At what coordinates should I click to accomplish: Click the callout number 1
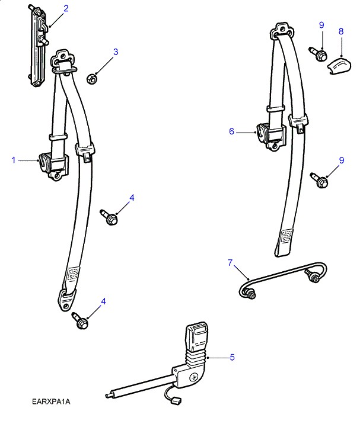13,159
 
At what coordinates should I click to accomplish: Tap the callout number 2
65,8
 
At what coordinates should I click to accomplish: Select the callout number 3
116,52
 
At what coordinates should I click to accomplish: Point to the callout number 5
232,357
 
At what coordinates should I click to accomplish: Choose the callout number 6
232,131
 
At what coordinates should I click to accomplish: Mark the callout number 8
341,31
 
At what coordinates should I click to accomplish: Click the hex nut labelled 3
92,78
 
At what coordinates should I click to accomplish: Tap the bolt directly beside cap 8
319,54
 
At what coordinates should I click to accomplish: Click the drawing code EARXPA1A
52,403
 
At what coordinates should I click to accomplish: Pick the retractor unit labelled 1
52,165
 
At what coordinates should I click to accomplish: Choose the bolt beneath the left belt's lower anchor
81,322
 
